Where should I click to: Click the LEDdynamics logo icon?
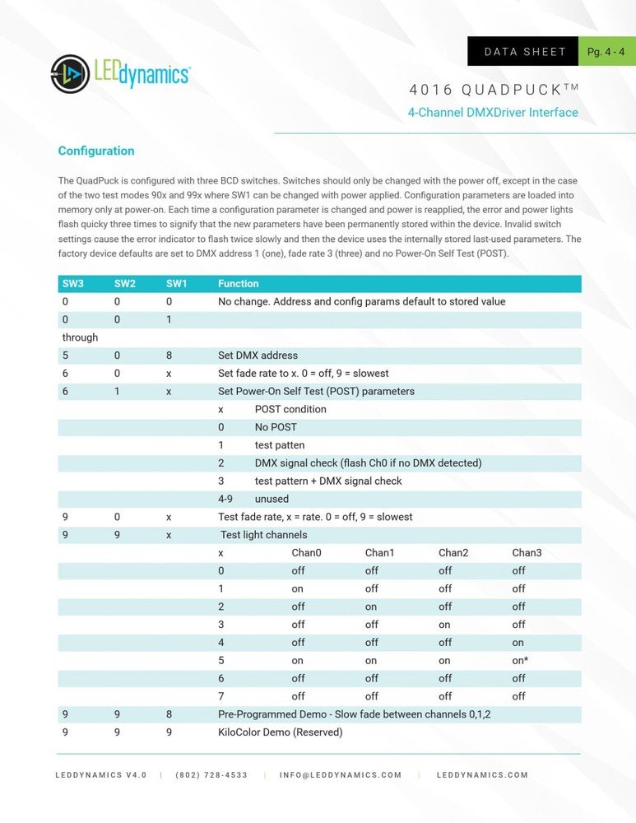70,74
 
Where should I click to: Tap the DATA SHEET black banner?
524,52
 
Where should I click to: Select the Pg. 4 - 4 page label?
606,52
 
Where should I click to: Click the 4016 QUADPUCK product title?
493,89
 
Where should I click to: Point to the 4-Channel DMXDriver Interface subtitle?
493,113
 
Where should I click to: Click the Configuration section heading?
96,151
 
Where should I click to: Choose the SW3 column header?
73,284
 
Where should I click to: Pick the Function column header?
239,284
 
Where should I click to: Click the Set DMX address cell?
258,356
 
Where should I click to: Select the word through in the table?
80,337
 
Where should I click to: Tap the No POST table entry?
276,427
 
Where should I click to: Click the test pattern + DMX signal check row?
328,481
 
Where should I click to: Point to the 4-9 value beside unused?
225,499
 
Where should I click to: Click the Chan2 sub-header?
453,553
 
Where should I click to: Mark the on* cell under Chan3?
520,660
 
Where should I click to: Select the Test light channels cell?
263,535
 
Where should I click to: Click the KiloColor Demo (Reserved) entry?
280,732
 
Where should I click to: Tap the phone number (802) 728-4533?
211,775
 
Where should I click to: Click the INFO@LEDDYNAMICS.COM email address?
341,775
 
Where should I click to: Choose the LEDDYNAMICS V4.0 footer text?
101,775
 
